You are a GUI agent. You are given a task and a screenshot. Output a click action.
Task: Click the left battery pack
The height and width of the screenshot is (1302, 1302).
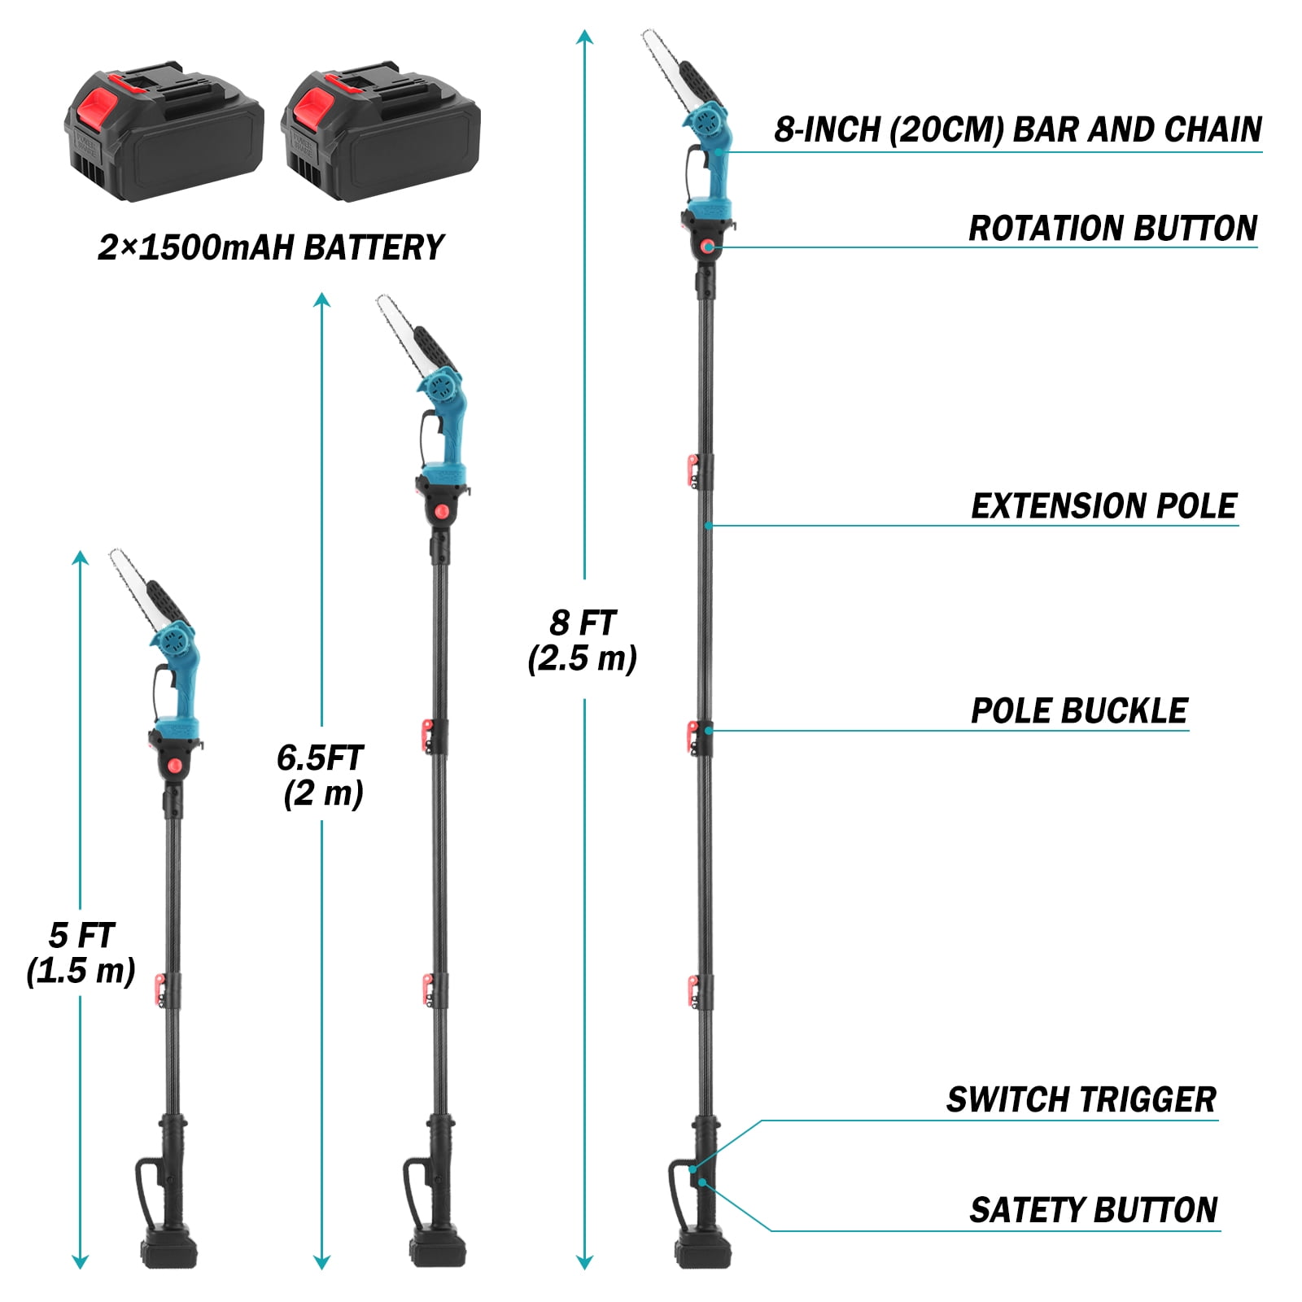164,130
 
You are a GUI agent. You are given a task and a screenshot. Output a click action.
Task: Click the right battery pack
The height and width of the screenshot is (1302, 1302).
380,130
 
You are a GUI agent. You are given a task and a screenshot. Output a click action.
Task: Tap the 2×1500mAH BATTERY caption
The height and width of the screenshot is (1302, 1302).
271,247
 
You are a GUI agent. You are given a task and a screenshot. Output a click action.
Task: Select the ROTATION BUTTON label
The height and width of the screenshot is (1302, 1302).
1112,229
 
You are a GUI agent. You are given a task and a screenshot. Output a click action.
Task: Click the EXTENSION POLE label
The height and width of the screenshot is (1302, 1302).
1103,506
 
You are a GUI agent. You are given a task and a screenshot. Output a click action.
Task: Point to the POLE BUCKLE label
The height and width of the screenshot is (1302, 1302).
1079,711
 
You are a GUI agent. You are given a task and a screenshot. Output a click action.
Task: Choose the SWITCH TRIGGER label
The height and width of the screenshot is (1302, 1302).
1081,1100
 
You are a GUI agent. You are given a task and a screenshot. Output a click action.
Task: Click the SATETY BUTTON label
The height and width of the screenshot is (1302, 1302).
1093,1210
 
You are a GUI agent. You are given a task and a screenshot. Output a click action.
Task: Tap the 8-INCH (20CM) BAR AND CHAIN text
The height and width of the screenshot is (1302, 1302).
1018,130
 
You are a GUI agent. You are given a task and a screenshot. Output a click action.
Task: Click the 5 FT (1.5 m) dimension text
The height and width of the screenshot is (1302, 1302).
81,953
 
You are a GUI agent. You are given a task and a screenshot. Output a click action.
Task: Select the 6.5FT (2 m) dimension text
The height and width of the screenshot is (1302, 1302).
321,776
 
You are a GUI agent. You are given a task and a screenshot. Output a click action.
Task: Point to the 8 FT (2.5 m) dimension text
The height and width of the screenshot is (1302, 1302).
583,640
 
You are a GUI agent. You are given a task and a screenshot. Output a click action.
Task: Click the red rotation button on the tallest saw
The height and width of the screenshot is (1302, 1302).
710,246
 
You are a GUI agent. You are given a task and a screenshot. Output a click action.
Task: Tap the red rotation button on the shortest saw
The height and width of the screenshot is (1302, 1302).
175,767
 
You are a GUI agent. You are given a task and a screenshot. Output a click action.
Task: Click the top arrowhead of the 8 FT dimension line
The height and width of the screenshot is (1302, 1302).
584,37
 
